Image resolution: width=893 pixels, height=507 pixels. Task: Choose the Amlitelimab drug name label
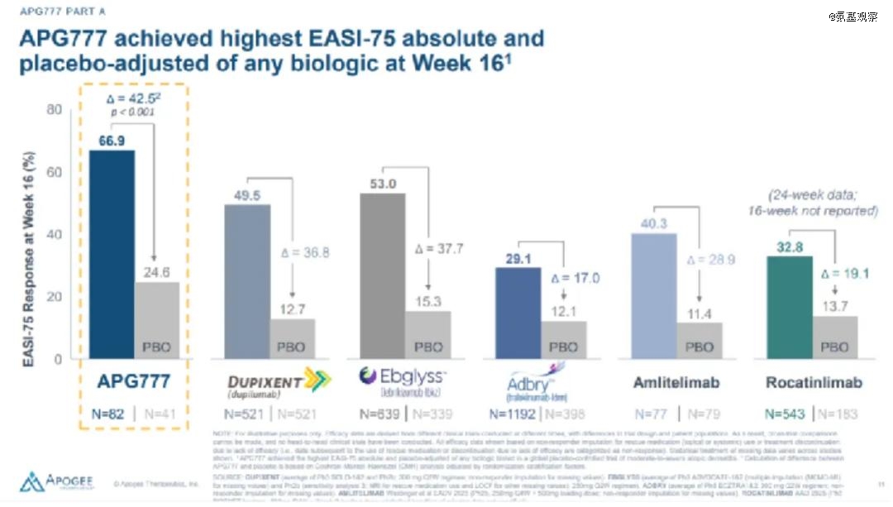(x=676, y=383)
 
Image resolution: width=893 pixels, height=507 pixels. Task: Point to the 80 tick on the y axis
(x=55, y=109)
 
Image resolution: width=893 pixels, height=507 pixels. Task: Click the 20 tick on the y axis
(x=55, y=297)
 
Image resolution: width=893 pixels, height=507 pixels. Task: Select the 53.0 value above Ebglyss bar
(x=382, y=184)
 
